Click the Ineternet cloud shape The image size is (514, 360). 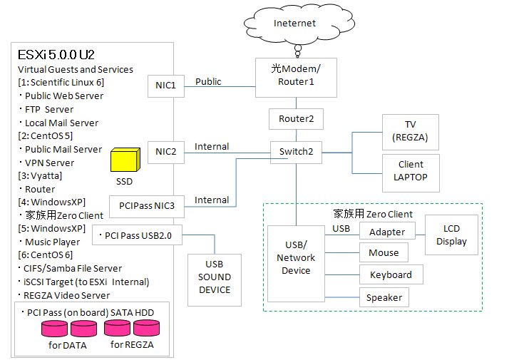pyautogui.click(x=295, y=24)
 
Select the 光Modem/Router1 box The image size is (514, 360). pyautogui.click(x=295, y=76)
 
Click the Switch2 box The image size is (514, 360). pyautogui.click(x=295, y=152)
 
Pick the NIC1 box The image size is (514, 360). pyautogui.click(x=166, y=86)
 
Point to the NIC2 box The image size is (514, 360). pyautogui.click(x=166, y=151)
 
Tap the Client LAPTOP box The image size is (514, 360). pyautogui.click(x=411, y=171)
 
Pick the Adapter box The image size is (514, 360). pyautogui.click(x=387, y=232)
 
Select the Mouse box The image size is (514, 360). pyautogui.click(x=384, y=253)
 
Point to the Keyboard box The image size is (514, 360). pyautogui.click(x=391, y=275)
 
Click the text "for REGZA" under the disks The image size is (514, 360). pyautogui.click(x=130, y=346)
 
